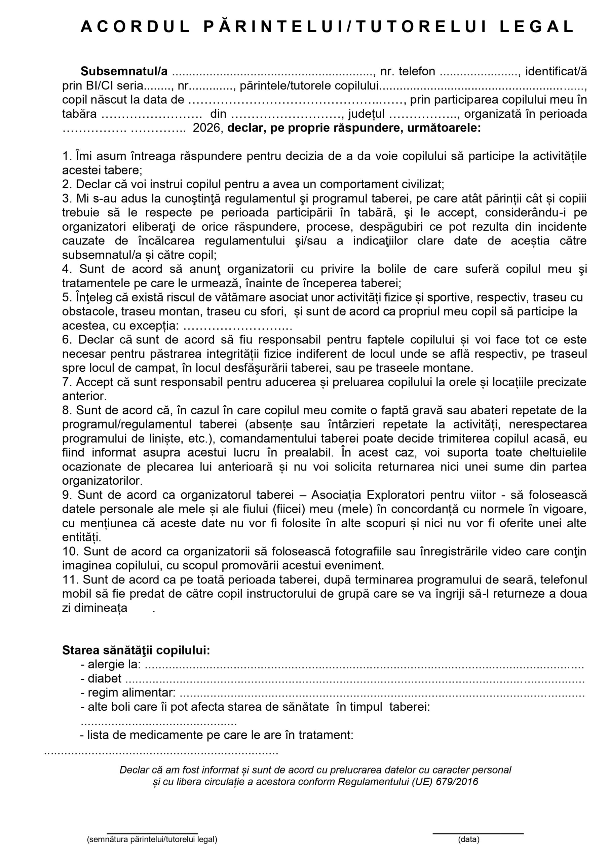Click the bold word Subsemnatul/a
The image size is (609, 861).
[x=124, y=71]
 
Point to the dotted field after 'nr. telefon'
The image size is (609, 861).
[x=479, y=72]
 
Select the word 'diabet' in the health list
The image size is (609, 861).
[x=105, y=678]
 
